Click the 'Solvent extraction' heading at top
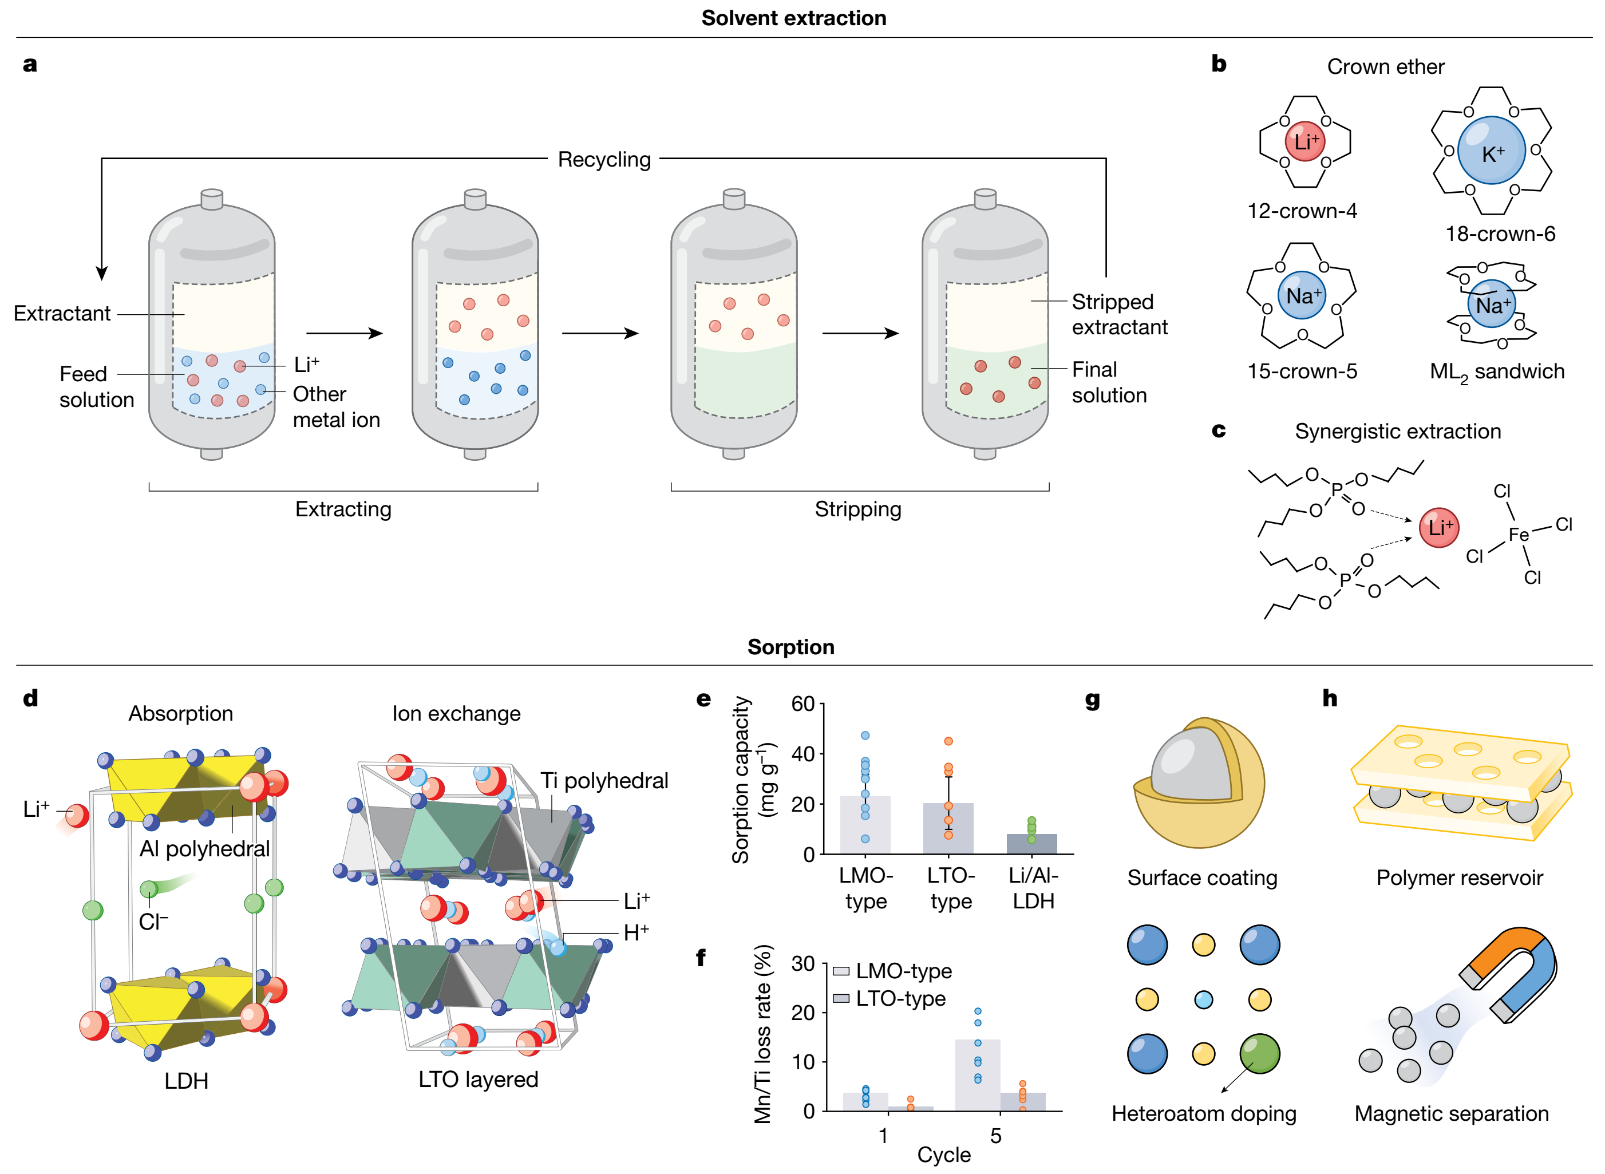pos(793,18)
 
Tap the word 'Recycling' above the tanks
pos(604,159)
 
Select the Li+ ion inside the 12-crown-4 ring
pos(1304,141)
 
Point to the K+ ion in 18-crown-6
pos(1491,151)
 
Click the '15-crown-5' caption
pos(1302,371)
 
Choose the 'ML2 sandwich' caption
pos(1496,371)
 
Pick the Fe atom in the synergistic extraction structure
pos(1519,535)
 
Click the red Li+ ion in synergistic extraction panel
pos(1439,527)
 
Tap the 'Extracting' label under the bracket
pos(343,509)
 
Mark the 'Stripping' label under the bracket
pos(857,509)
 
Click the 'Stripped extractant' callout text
pos(1119,314)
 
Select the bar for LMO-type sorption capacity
pos(865,824)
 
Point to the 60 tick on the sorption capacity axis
pos(803,703)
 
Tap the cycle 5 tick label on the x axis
pos(995,1136)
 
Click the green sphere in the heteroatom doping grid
pos(1259,1053)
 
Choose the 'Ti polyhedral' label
pos(604,780)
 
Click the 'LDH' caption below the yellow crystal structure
pos(186,1080)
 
